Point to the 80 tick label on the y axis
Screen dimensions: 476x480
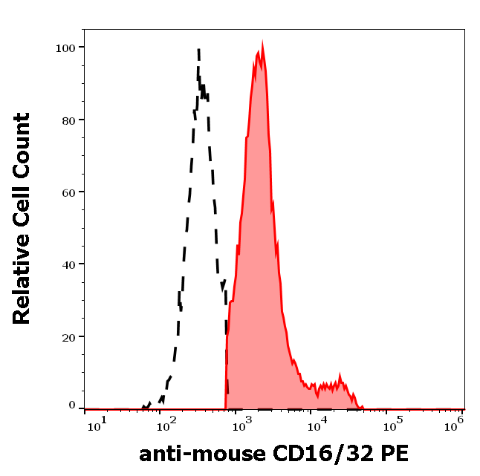(67, 120)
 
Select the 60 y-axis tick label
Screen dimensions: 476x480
(67, 192)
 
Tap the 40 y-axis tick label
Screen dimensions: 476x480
(67, 264)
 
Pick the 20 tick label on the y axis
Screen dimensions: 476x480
(67, 336)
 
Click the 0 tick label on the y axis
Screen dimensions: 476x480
(72, 405)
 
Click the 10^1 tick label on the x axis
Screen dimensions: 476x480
(96, 423)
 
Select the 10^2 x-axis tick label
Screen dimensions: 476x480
(169, 423)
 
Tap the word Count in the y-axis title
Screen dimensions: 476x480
(22, 142)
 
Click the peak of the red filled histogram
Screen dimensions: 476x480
(262, 45)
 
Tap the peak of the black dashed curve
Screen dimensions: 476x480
(199, 50)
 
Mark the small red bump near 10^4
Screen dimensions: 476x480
(340, 376)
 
